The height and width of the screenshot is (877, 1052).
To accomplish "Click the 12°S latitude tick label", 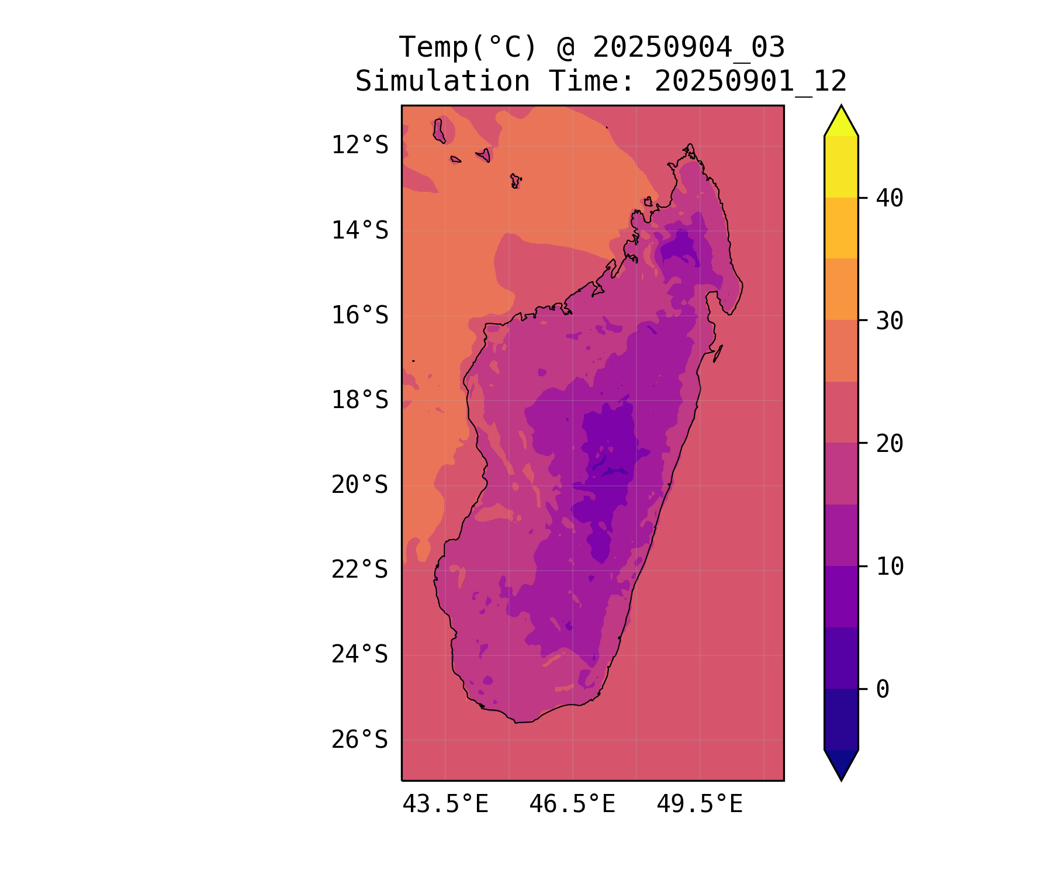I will [359, 145].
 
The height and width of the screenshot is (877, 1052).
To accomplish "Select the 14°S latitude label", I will [359, 230].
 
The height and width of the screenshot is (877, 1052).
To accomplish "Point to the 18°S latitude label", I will [359, 400].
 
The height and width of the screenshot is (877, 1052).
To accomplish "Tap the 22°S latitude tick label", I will [359, 569].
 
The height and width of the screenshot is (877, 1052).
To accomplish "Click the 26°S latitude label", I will [359, 740].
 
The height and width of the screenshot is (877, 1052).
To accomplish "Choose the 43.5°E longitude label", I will [445, 805].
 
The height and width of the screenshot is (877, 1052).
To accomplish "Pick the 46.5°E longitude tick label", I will [572, 805].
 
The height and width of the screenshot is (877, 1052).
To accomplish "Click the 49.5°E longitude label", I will [700, 805].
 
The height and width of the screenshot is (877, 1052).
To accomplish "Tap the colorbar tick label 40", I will [890, 198].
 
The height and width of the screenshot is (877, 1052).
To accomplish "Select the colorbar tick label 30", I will [890, 320].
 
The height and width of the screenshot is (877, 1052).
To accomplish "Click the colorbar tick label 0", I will [883, 689].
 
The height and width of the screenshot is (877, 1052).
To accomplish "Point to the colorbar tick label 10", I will [890, 566].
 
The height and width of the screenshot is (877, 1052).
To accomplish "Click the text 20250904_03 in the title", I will [688, 47].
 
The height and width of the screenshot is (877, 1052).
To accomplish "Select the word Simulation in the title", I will [442, 81].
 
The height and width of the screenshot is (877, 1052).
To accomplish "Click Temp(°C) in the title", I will [468, 47].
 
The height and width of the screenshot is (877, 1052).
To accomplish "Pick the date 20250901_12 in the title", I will [750, 81].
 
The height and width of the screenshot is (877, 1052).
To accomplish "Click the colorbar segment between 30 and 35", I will [841, 289].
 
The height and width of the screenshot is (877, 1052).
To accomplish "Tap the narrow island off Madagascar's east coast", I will [718, 353].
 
